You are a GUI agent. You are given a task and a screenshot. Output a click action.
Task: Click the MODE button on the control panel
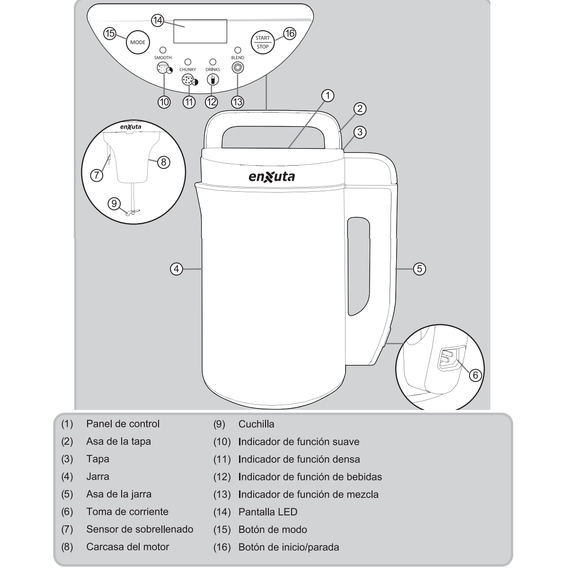click(x=138, y=42)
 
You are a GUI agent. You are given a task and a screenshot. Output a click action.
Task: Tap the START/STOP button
click(x=263, y=42)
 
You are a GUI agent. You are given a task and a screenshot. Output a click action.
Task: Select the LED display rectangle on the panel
click(x=200, y=31)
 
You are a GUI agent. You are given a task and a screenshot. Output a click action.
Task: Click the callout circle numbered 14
click(x=158, y=21)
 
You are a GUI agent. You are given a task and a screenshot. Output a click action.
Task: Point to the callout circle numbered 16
click(x=290, y=33)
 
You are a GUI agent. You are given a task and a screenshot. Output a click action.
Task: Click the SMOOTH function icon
click(x=164, y=69)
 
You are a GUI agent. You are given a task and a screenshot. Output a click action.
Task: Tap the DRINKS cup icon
click(x=213, y=80)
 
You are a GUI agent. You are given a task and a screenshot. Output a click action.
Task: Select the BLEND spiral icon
click(x=238, y=68)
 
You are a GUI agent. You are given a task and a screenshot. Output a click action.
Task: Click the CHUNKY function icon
click(x=189, y=80)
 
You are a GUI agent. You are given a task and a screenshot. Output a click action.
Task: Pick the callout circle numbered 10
click(x=164, y=102)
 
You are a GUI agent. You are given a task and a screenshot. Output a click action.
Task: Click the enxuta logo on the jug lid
click(x=272, y=177)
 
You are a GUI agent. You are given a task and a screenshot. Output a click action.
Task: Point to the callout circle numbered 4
click(x=176, y=269)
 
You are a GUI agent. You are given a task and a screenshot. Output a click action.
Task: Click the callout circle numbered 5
click(x=419, y=269)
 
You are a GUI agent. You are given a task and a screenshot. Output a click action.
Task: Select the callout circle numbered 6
click(x=475, y=375)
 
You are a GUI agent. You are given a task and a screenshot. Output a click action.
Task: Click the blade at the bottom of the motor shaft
click(x=133, y=212)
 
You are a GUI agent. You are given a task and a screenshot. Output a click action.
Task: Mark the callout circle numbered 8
click(x=164, y=162)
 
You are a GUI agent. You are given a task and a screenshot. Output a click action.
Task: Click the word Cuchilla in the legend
click(x=256, y=424)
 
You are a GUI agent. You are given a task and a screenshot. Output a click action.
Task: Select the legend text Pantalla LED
click(x=267, y=512)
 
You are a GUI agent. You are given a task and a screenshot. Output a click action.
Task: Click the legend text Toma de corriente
click(x=127, y=512)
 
